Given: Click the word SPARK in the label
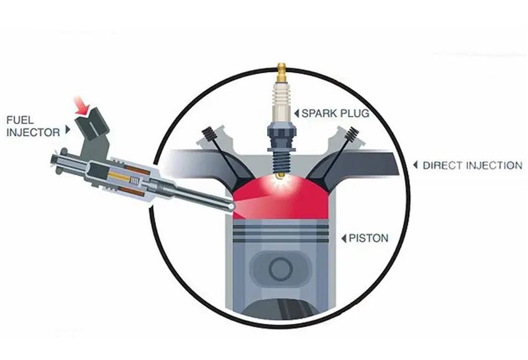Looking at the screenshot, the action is pos(318,114).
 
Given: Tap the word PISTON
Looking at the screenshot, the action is pos(368,238).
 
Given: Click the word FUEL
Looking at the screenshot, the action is pos(20,120).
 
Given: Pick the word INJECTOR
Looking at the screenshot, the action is pos(33,132).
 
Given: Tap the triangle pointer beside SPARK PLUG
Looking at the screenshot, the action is pos(297,114).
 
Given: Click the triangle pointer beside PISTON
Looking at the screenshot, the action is pos(344,238).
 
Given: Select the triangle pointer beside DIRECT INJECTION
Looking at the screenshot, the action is pos(416,165).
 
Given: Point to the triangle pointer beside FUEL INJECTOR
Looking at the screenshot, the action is pos(68,129).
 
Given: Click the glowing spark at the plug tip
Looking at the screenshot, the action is pos(279,182).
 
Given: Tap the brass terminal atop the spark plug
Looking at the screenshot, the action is pos(281,72).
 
